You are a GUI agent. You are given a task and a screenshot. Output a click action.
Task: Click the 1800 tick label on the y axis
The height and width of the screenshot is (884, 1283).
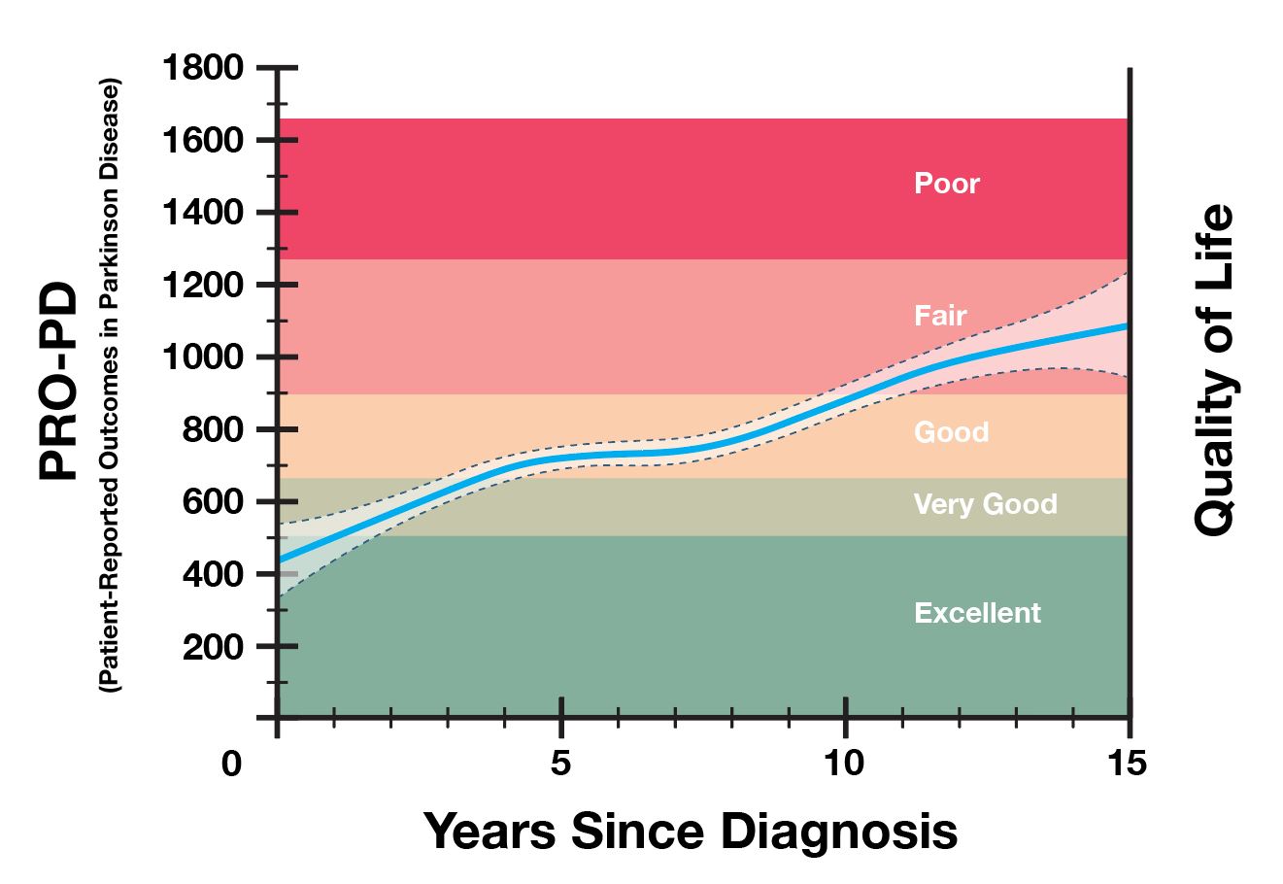[202, 69]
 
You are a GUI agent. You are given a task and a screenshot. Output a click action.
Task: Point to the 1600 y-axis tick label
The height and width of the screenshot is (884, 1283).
[202, 141]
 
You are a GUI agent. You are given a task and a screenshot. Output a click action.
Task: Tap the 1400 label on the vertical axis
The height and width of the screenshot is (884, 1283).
[202, 213]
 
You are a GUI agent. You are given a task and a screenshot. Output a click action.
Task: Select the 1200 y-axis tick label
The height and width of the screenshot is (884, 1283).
[202, 286]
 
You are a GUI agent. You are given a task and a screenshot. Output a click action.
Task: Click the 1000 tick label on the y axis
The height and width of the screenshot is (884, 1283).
[202, 357]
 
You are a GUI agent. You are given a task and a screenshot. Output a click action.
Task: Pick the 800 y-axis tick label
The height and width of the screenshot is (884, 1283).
[213, 429]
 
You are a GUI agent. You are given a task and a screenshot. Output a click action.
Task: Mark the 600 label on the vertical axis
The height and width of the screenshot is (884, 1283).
[213, 502]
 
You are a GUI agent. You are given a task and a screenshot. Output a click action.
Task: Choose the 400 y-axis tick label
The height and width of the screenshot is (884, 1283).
[213, 574]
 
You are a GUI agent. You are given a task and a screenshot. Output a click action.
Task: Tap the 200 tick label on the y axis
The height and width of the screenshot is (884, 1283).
[213, 646]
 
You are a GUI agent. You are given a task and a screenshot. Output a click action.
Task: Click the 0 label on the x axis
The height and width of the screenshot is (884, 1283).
[231, 765]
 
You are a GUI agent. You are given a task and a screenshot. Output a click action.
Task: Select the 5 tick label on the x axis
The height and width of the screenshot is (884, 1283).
[559, 765]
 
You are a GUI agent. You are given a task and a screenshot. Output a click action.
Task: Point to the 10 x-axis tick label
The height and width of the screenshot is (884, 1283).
[844, 765]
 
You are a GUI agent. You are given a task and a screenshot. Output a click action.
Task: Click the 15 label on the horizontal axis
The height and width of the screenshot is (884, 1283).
[1127, 765]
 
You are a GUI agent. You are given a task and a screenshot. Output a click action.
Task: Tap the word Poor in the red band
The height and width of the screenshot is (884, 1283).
[947, 184]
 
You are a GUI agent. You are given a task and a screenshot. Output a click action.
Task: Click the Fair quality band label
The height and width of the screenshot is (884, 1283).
[940, 316]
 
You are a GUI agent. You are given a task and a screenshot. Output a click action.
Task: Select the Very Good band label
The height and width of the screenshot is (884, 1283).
[985, 504]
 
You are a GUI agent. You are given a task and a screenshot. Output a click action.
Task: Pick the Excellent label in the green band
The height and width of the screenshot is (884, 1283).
[977, 613]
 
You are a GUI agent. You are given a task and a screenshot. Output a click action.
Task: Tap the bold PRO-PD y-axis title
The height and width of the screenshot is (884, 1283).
[60, 381]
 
